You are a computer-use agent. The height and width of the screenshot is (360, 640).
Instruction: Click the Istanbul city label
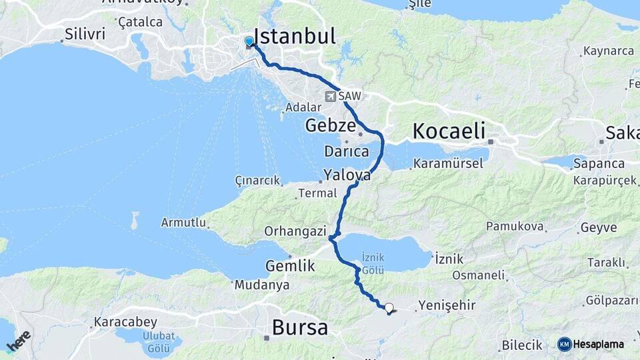(294, 37)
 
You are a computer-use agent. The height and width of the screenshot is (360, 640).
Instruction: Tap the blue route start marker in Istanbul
(249, 42)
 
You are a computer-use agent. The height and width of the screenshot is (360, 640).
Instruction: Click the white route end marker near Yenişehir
(389, 308)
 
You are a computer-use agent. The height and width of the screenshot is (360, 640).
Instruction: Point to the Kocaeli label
(449, 131)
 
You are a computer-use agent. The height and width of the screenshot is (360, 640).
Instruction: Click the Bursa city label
(300, 328)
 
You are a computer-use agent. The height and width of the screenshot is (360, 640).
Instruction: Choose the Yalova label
(347, 175)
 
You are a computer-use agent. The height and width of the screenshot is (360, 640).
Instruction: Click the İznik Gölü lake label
(373, 261)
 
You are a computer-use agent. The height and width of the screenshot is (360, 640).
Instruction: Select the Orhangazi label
(295, 232)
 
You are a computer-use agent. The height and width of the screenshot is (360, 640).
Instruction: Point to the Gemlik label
(290, 265)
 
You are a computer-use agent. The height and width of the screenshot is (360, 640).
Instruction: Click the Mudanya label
(262, 285)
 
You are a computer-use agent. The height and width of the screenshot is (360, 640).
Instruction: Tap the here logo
(19, 341)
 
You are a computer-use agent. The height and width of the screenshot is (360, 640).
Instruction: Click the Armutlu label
(183, 223)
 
